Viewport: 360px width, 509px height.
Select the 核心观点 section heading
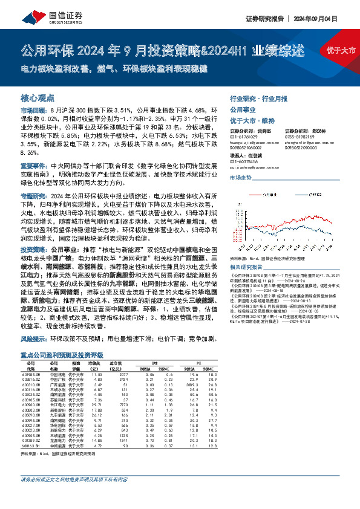(38, 97)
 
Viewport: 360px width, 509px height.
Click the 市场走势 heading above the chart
(240, 178)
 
